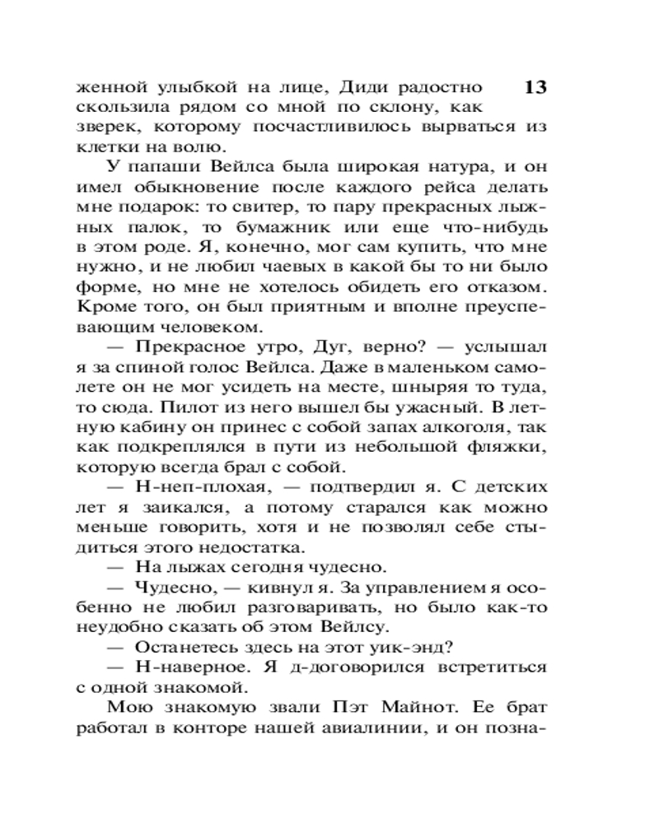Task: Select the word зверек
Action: tap(102, 128)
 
